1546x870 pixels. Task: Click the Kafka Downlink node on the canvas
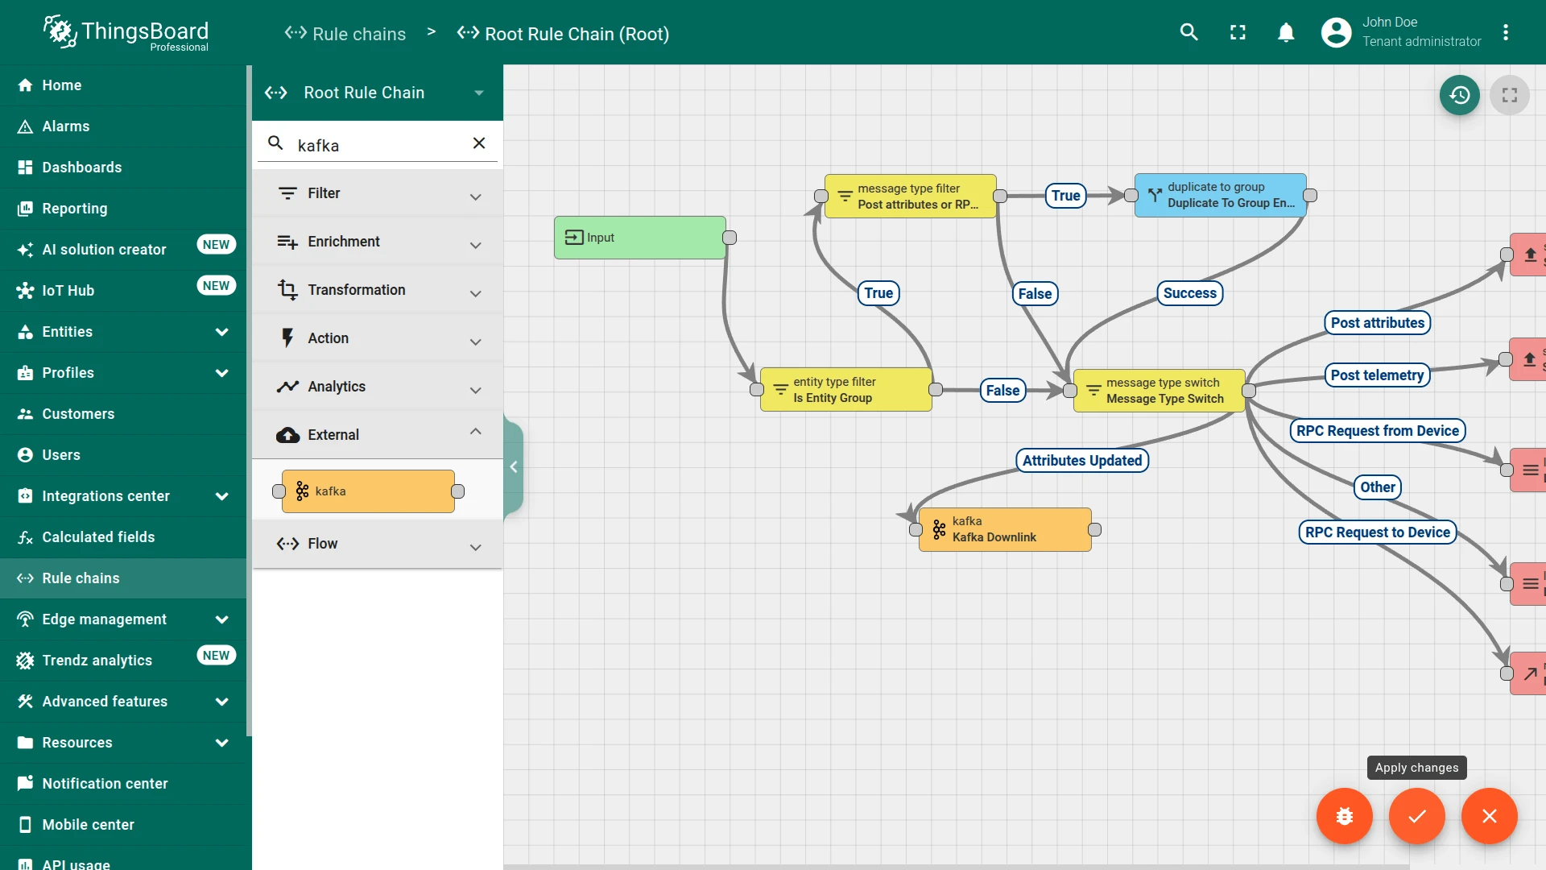point(1005,529)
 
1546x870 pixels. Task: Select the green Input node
point(640,238)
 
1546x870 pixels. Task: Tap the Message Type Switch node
point(1159,391)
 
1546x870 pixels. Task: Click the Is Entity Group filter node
point(846,390)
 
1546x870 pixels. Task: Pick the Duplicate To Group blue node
point(1221,196)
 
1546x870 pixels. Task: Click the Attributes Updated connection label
point(1082,461)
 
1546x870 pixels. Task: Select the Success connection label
point(1190,293)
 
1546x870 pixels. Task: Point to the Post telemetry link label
point(1377,375)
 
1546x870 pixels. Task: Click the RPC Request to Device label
point(1378,532)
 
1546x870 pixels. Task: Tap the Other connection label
point(1378,487)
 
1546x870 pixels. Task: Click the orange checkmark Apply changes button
point(1417,816)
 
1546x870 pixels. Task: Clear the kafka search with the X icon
point(479,143)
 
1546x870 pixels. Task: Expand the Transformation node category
point(378,290)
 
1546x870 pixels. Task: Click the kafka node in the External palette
point(368,491)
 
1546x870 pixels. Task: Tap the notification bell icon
point(1286,32)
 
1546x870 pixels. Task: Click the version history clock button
point(1460,95)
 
